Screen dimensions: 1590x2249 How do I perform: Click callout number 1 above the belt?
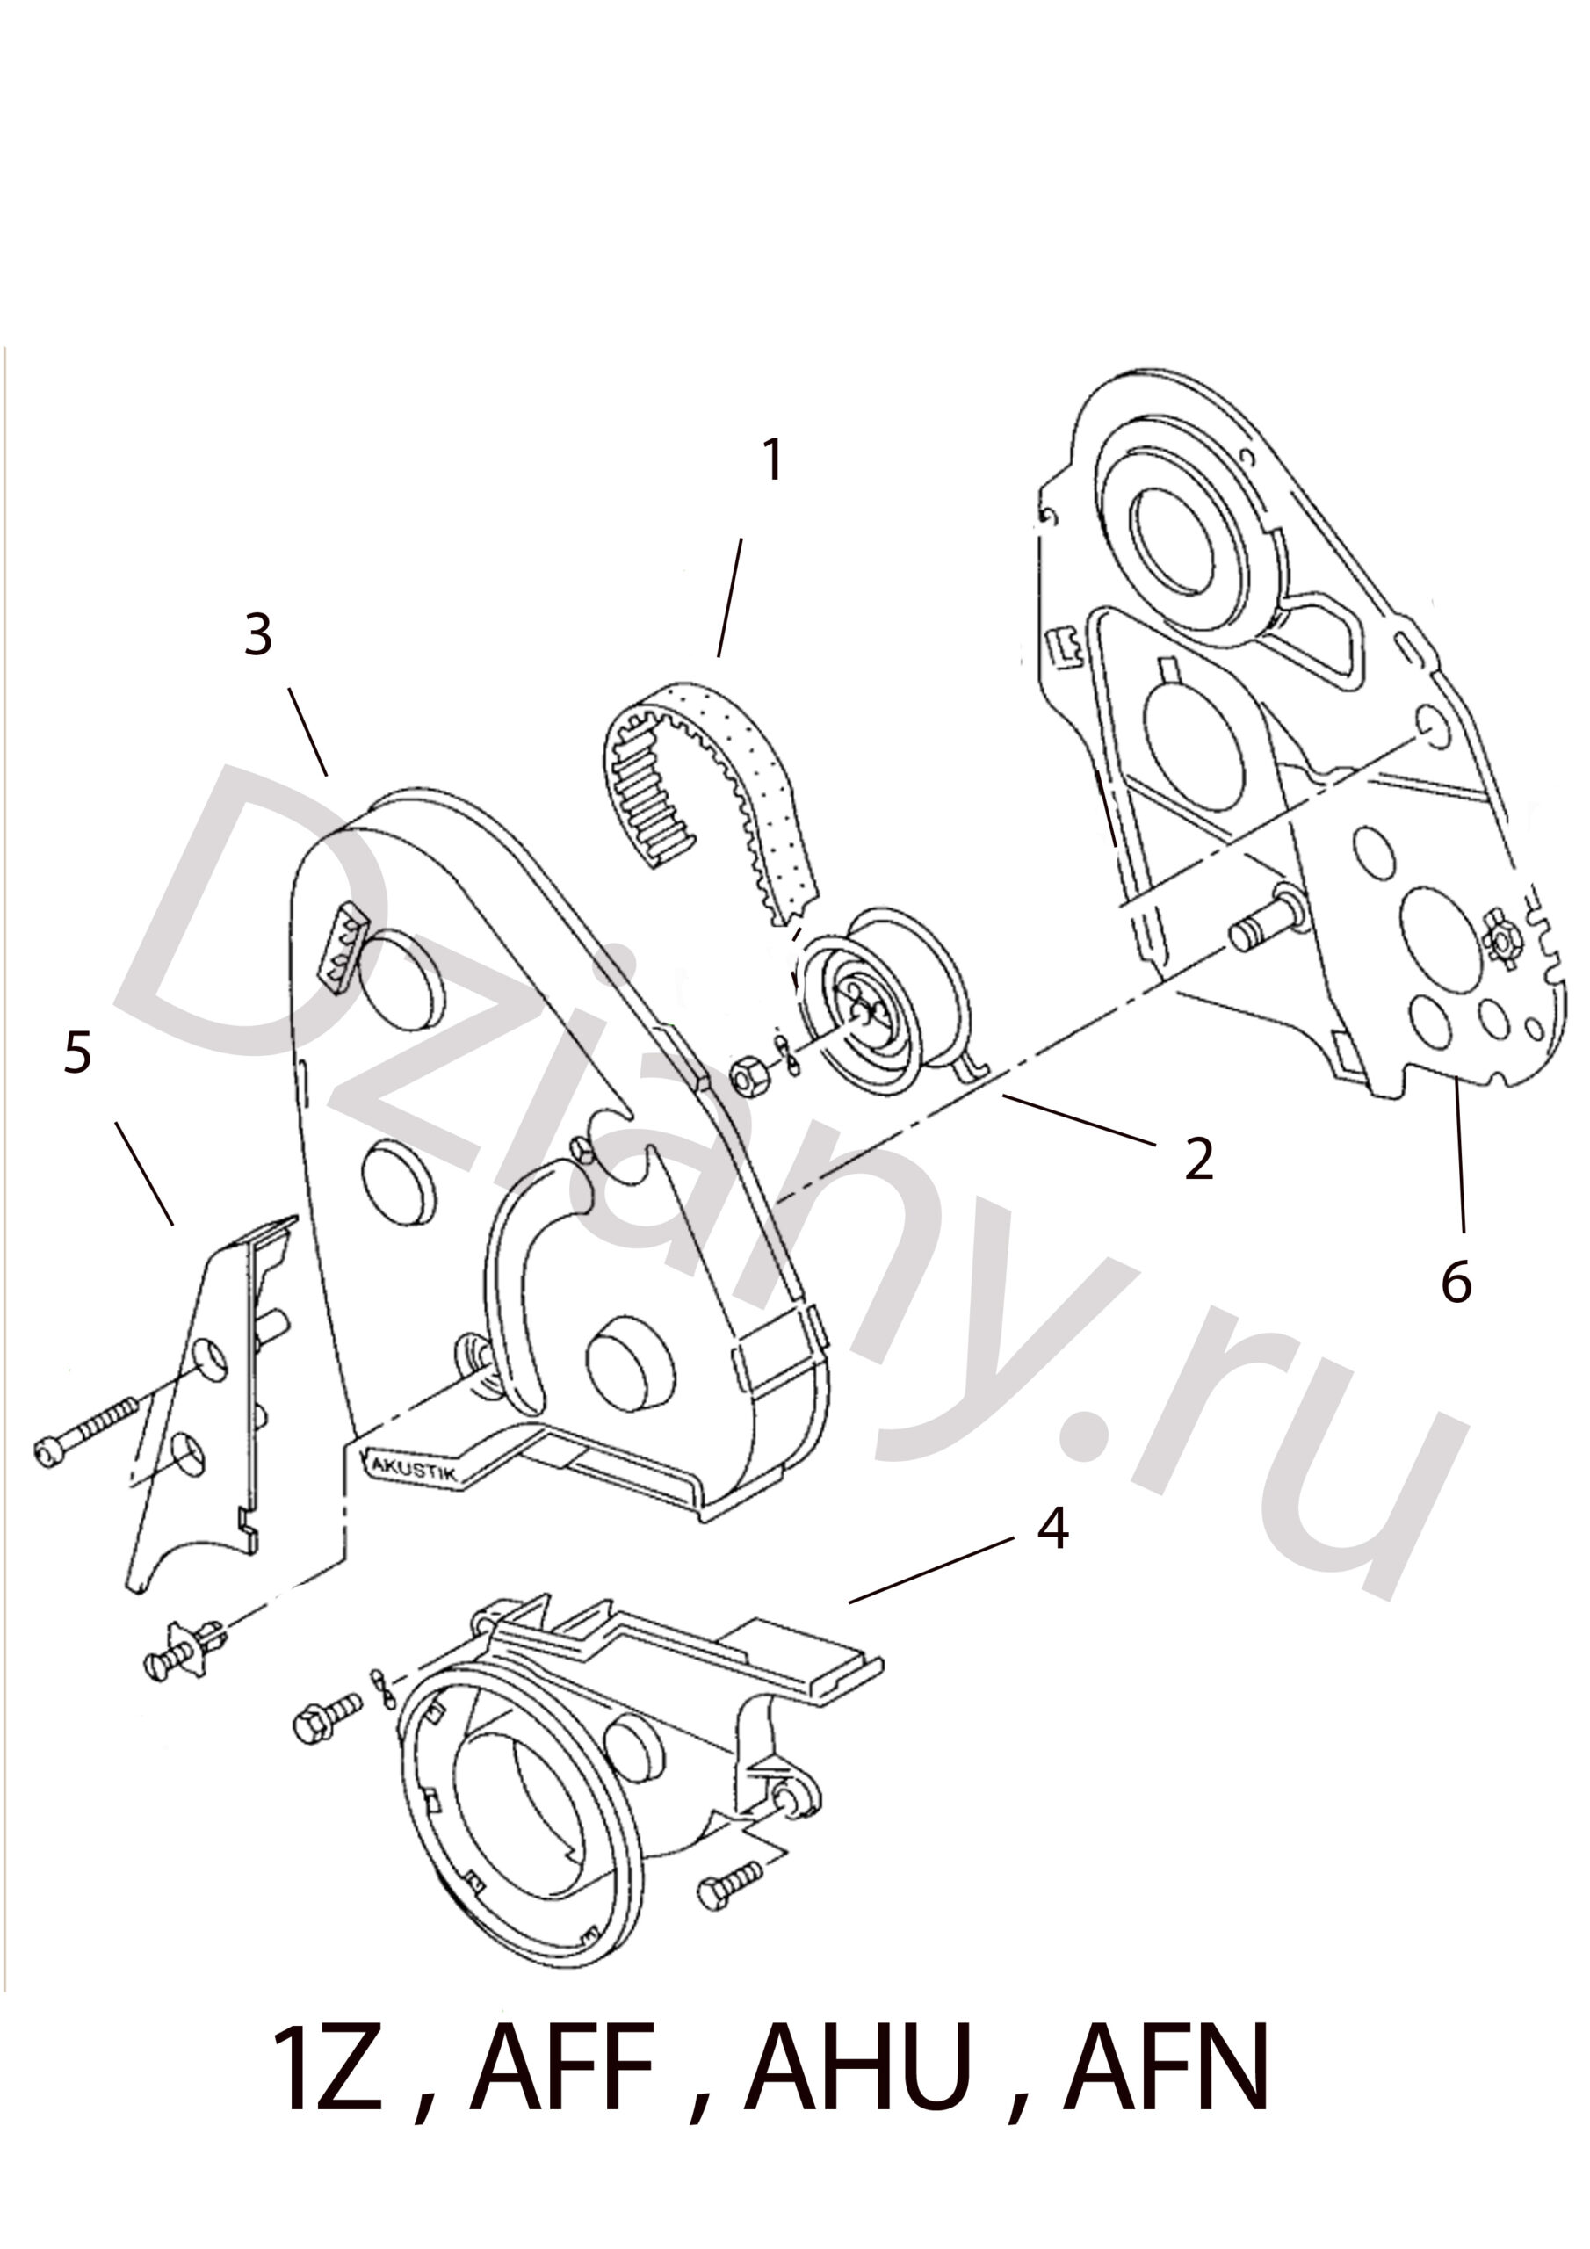point(774,460)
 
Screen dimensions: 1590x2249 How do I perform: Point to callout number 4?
point(1052,1527)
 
